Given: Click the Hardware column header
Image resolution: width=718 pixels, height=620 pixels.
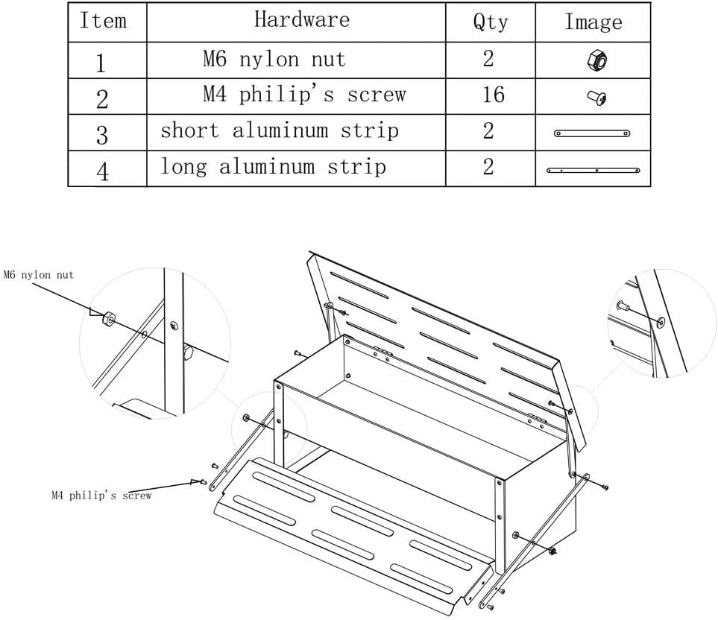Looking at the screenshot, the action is click(x=302, y=19).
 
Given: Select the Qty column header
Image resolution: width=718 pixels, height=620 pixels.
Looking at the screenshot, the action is click(x=491, y=22).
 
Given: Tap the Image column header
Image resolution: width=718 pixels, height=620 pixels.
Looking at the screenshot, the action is click(x=593, y=22).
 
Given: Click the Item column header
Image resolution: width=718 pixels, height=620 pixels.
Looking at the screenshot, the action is click(x=103, y=21).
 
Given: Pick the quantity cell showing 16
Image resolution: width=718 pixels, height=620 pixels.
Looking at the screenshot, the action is click(x=493, y=94).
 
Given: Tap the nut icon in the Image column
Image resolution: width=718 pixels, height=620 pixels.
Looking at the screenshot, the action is click(x=597, y=61).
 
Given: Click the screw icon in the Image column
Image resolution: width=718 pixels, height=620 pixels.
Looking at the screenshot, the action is click(x=597, y=98).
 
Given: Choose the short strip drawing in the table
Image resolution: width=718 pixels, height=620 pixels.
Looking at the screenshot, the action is click(x=592, y=133).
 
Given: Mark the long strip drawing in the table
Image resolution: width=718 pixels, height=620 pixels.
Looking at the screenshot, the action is click(x=593, y=170).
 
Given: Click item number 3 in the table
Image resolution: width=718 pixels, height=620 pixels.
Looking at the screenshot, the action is click(x=101, y=136).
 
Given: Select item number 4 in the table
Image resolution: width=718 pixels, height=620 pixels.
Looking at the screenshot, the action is click(x=103, y=171).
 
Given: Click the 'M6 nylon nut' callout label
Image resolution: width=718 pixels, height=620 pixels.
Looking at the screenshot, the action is click(x=39, y=274).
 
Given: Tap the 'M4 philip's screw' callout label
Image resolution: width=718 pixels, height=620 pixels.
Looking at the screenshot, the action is click(x=101, y=495).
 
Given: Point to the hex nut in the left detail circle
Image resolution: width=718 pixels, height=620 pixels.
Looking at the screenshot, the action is click(x=109, y=318).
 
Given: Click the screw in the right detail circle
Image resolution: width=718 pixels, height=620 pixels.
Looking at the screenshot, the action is click(x=623, y=306).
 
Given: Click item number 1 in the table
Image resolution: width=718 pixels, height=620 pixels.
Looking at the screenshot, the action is click(x=101, y=63).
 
